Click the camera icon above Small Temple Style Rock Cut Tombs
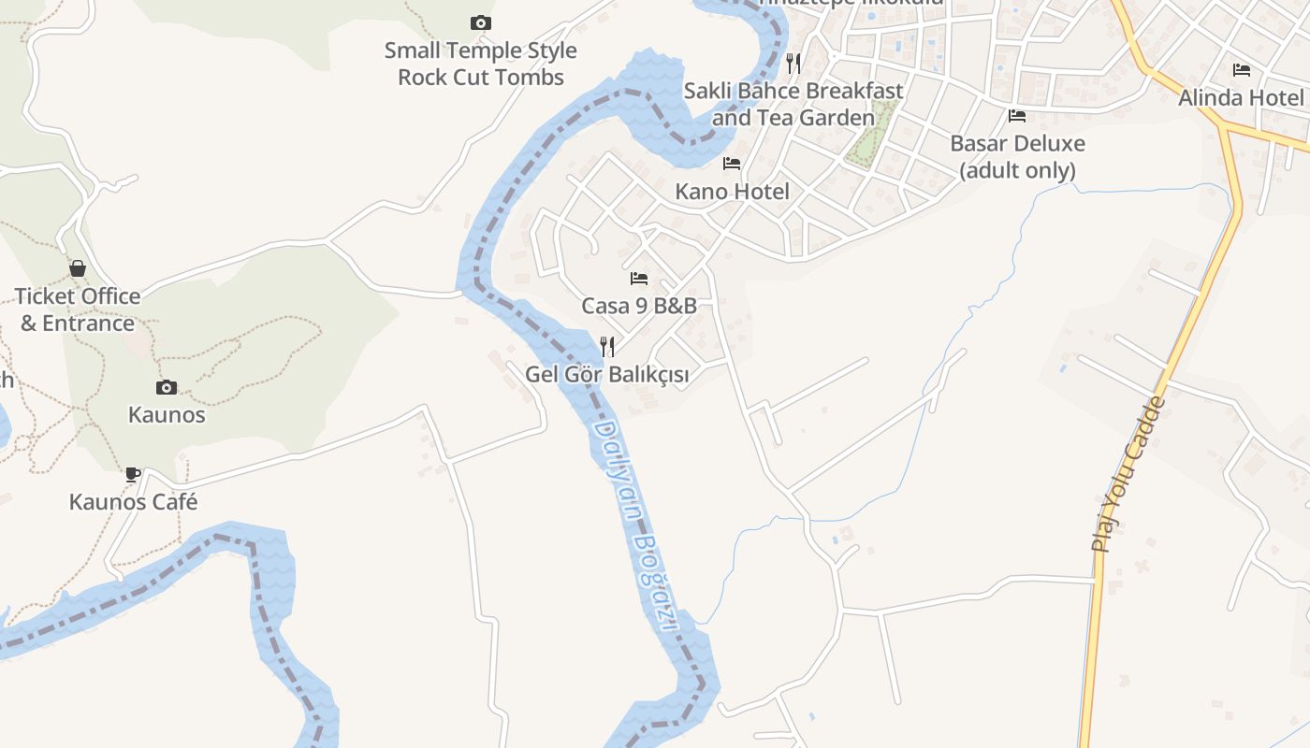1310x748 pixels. pos(481,22)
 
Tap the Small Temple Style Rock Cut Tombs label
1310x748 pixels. pos(481,64)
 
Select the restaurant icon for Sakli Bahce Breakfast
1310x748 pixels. pos(793,64)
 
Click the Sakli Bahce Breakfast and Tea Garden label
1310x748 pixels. pos(793,104)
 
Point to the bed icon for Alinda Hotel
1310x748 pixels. pos(1241,70)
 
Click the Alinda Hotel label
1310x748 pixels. pos(1241,98)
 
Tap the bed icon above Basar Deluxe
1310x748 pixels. pos(1017,116)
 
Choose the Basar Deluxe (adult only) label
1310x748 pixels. pos(1017,157)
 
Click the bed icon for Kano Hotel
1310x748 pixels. pos(732,164)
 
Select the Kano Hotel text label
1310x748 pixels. pos(732,192)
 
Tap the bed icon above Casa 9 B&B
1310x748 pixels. pos(639,279)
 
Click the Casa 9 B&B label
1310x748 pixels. pos(639,306)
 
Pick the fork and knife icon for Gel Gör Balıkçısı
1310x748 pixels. pos(607,347)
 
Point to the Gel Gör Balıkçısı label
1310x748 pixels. pos(607,375)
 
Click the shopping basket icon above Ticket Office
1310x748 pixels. pos(78,269)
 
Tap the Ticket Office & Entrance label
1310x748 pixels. pos(78,309)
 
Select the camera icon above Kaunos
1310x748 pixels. pos(167,387)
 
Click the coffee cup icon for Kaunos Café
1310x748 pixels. pos(133,474)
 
